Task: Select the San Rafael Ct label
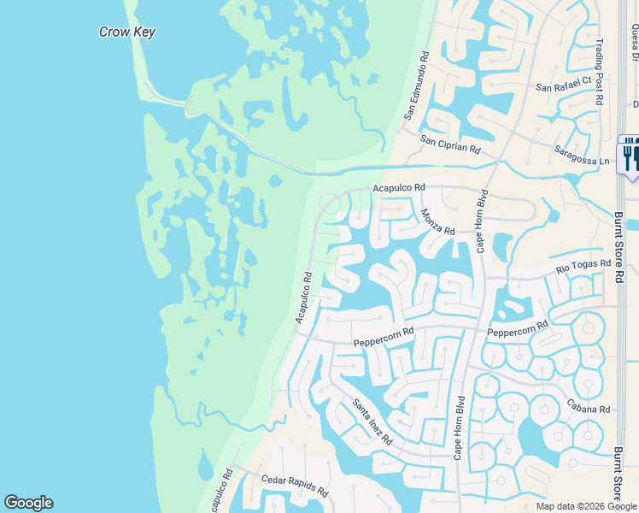pyautogui.click(x=563, y=85)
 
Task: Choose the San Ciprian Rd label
pyautogui.click(x=450, y=144)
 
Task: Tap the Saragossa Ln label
pyautogui.click(x=585, y=160)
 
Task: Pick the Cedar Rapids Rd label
pyautogui.click(x=295, y=486)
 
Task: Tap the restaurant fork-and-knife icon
pyautogui.click(x=630, y=156)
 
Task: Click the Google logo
pyautogui.click(x=28, y=503)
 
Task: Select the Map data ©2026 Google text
pyautogui.click(x=585, y=506)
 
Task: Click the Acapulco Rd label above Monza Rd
pyautogui.click(x=399, y=187)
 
